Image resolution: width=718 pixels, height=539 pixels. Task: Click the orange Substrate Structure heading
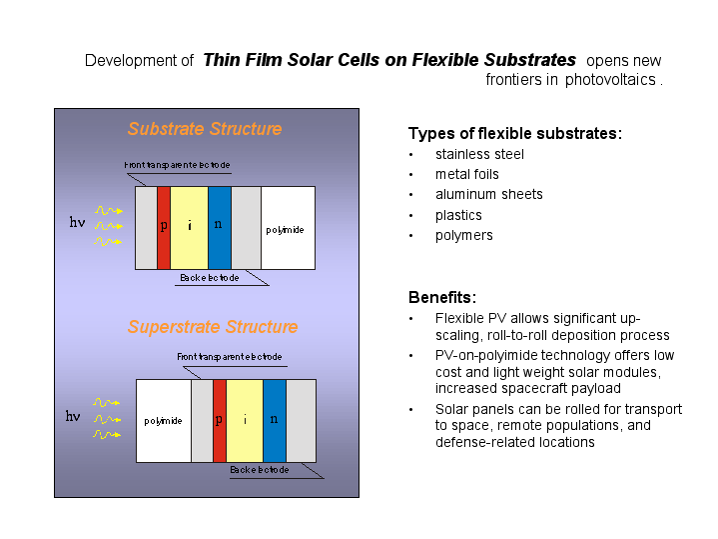tap(205, 129)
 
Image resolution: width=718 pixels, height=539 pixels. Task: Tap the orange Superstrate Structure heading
tap(213, 327)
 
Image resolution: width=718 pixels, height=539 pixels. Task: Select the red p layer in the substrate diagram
tap(164, 228)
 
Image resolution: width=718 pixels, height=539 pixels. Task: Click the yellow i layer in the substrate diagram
tap(189, 228)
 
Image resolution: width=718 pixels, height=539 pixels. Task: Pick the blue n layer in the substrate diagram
tap(220, 228)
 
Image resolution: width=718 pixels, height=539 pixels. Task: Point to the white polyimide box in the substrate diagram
tap(288, 228)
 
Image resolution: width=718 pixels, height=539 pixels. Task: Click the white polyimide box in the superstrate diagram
tap(164, 421)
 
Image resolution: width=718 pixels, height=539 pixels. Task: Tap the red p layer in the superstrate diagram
tap(220, 421)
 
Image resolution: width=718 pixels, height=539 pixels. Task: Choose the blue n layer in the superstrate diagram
tap(275, 421)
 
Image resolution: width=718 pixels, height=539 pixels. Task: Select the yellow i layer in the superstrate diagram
tap(245, 421)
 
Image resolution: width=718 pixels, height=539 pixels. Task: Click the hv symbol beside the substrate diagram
tap(77, 222)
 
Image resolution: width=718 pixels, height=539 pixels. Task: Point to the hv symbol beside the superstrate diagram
tap(73, 416)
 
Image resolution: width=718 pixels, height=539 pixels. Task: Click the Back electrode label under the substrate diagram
tap(210, 278)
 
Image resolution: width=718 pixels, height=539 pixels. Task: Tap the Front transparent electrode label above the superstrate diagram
tap(230, 357)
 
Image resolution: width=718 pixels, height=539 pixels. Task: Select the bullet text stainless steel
tap(479, 154)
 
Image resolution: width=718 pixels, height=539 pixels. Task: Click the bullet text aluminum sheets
tap(489, 194)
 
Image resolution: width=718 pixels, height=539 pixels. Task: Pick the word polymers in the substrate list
tap(464, 236)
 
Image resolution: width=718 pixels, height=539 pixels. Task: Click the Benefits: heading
tap(442, 297)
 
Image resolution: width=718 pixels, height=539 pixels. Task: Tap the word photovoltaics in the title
tap(610, 80)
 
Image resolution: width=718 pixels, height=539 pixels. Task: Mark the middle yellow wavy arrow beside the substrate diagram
tap(109, 226)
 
